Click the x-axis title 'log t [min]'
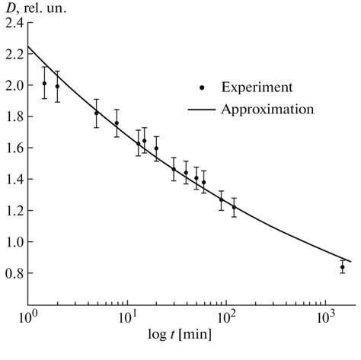181,333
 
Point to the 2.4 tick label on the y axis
12,23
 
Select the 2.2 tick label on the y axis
12,54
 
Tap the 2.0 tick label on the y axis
12,85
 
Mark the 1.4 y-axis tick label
12,180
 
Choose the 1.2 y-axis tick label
12,211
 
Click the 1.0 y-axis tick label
12,242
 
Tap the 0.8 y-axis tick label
12,273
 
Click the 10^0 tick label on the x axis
28,315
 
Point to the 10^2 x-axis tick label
227,315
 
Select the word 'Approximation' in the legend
267,110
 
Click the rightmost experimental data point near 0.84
343,267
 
